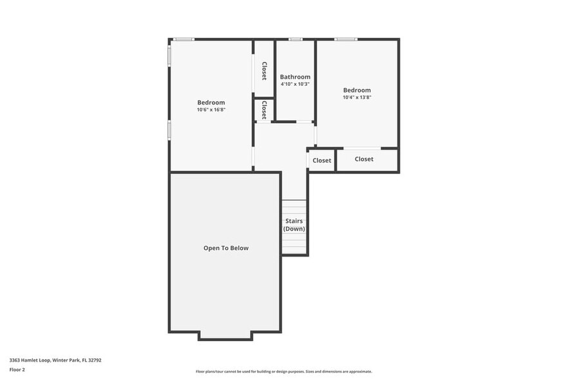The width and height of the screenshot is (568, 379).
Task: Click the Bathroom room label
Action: pos(295,77)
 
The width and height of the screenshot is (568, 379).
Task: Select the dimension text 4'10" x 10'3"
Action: pos(295,84)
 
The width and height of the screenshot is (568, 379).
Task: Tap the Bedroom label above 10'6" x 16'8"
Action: pos(211,102)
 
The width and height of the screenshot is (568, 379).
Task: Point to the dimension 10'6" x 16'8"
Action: pos(211,110)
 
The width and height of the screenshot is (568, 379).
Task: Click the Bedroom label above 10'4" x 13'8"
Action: pos(357,90)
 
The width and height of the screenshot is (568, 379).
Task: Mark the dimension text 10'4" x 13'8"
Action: pos(357,97)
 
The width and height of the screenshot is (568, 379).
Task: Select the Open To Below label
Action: pos(225,248)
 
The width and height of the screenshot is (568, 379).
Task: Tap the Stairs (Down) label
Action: pos(294,225)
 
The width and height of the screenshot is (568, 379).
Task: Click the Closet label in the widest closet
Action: pos(364,159)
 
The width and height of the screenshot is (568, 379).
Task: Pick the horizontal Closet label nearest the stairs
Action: pos(322,160)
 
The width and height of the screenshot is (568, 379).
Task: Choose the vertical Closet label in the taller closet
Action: pos(264,70)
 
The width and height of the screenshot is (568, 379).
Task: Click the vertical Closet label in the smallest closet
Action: pos(264,110)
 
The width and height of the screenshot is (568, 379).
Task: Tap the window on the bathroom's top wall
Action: pos(295,39)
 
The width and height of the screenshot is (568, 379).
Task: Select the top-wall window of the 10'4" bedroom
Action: pos(346,39)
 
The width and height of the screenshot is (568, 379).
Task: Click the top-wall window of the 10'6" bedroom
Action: pos(184,39)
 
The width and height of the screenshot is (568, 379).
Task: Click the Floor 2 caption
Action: pos(17,370)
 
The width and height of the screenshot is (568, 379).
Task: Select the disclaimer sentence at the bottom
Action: pos(283,372)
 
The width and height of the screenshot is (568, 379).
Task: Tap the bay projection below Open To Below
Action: pos(225,336)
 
